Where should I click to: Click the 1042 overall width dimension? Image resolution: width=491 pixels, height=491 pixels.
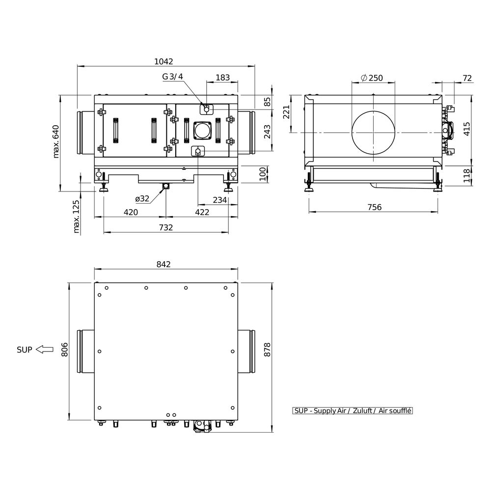click(x=164, y=61)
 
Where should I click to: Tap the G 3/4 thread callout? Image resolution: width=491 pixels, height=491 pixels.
click(x=172, y=77)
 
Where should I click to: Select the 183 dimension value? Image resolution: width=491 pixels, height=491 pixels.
click(x=222, y=78)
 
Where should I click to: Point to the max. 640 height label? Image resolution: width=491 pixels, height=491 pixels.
click(x=56, y=141)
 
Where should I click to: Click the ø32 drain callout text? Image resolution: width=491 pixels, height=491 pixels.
click(x=142, y=198)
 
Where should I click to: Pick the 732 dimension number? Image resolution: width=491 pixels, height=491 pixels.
click(x=165, y=227)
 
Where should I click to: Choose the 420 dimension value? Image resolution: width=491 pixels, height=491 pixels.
click(x=131, y=212)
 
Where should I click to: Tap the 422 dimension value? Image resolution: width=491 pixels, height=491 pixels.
click(x=202, y=212)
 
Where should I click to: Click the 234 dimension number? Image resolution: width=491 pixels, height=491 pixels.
click(x=219, y=200)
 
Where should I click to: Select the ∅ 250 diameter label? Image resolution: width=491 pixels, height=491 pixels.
click(x=372, y=78)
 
